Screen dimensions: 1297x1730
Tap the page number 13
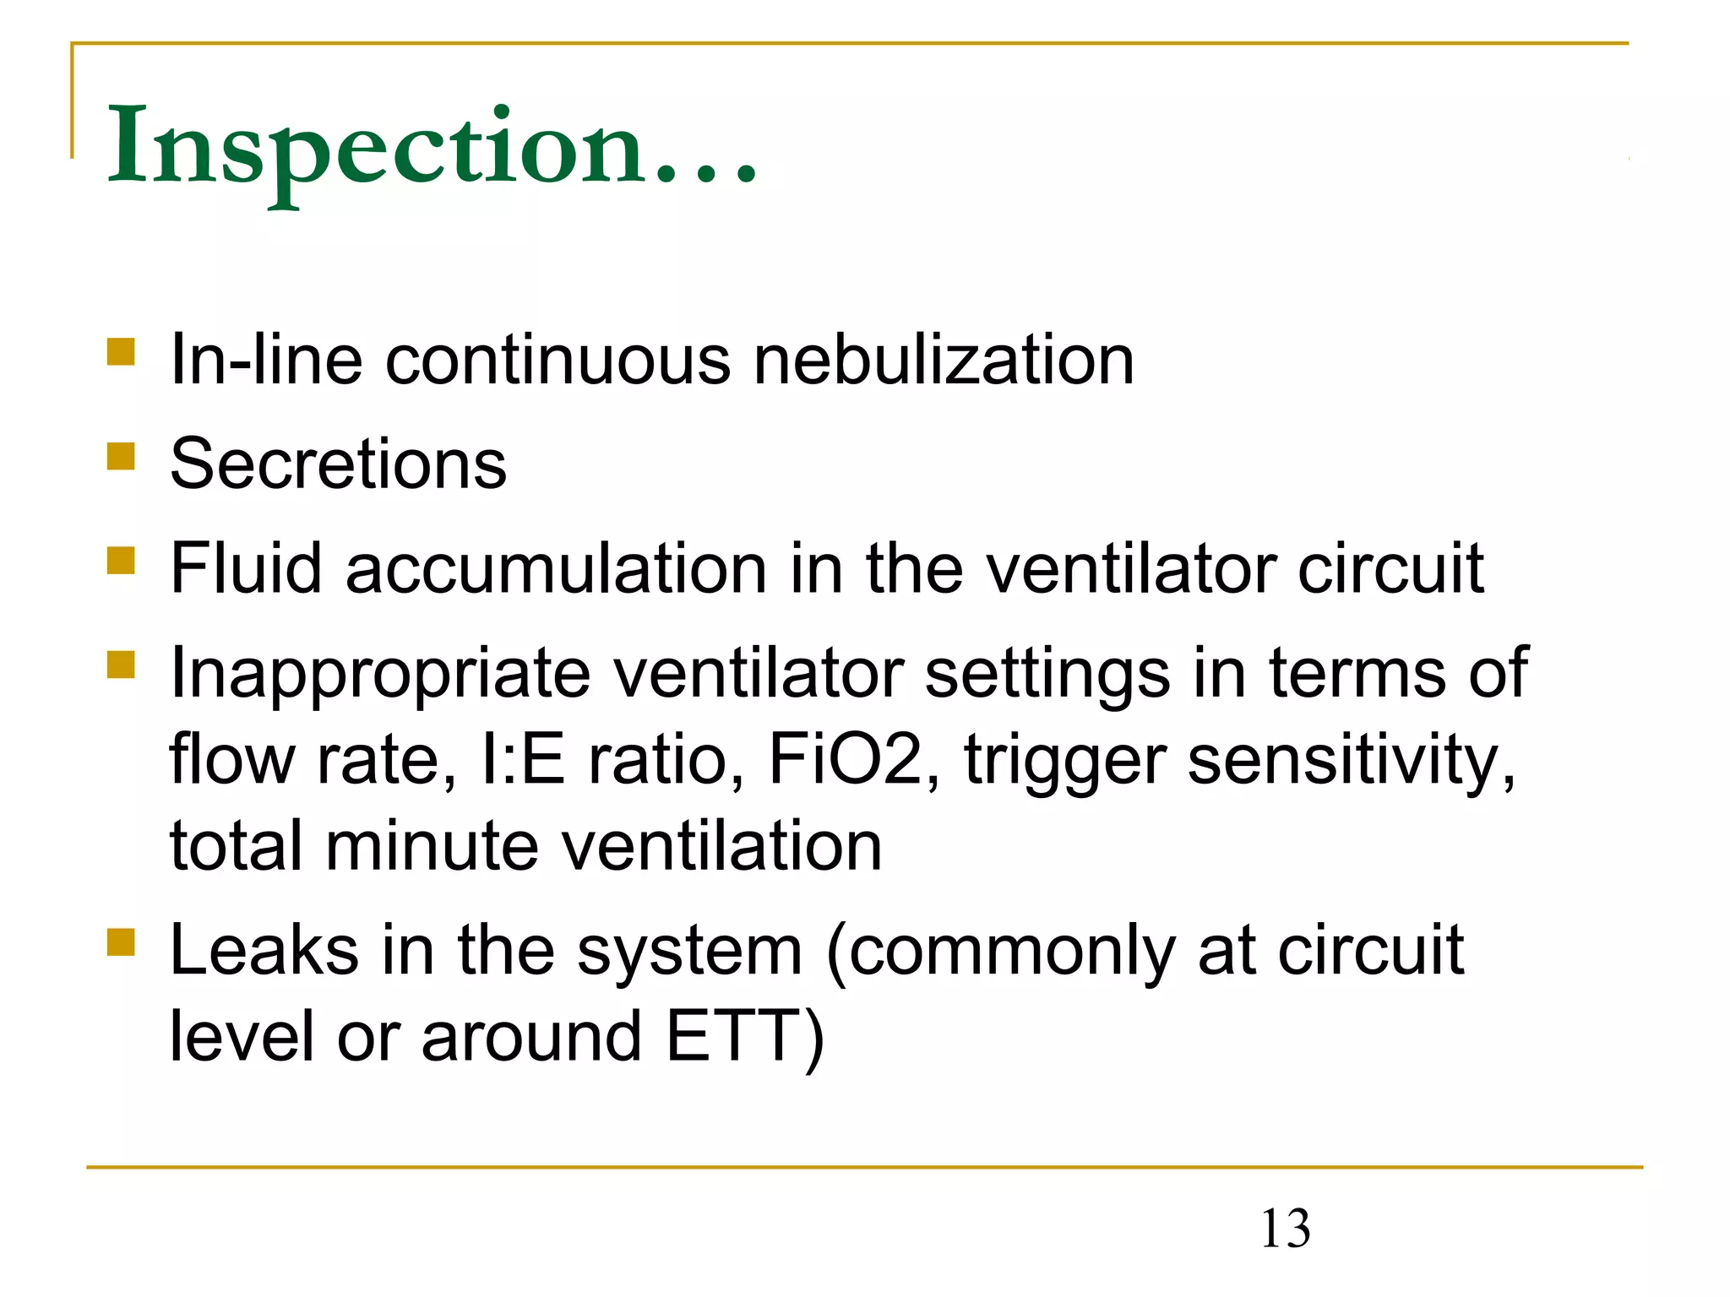click(1285, 1229)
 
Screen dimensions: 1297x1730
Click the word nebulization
click(944, 361)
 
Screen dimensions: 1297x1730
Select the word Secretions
click(338, 464)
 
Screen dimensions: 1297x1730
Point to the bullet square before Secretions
click(122, 456)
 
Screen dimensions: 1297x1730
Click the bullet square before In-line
click(122, 351)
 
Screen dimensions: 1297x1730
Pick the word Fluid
click(246, 568)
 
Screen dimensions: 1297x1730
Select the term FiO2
click(845, 759)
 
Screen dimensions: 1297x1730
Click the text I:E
click(522, 759)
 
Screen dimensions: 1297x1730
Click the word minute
click(432, 846)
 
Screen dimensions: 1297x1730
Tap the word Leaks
click(264, 951)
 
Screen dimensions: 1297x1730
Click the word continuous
click(558, 361)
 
